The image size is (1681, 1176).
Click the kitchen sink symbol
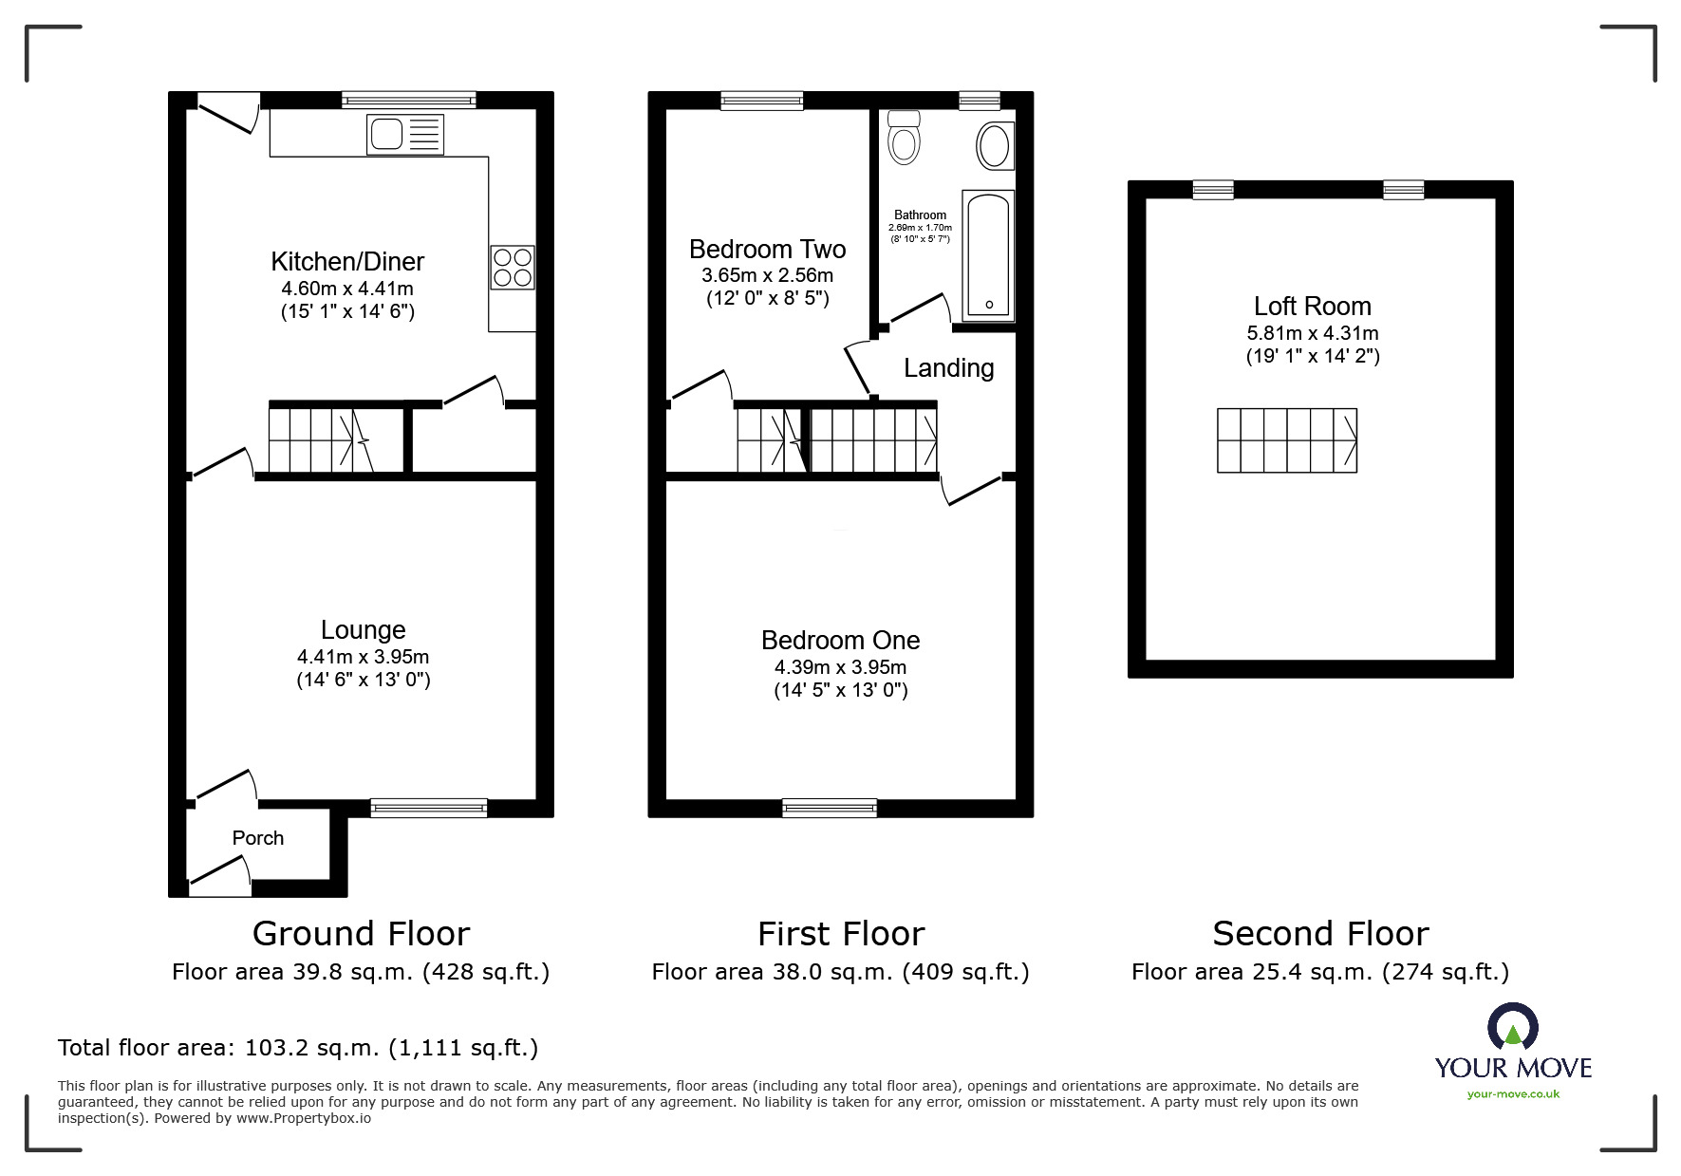[x=405, y=135]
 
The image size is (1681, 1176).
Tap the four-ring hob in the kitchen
[x=513, y=267]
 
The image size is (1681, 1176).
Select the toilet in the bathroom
[x=904, y=138]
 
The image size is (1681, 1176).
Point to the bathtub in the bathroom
[x=988, y=255]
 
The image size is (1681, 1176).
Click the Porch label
[x=258, y=838]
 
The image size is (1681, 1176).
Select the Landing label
[x=948, y=368]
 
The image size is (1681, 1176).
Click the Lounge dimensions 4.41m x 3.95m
[x=363, y=657]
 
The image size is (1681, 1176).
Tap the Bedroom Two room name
[x=767, y=250]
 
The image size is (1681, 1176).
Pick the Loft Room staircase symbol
[x=1286, y=440]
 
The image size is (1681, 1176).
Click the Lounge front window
[x=428, y=808]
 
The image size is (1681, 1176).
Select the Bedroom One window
[x=830, y=808]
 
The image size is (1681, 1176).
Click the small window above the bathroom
[x=979, y=100]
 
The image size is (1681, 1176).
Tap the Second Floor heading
[x=1319, y=934]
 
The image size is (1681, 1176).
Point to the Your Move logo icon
[x=1512, y=1029]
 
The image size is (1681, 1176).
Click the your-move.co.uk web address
[x=1513, y=1094]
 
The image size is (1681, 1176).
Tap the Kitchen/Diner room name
[x=347, y=262]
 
